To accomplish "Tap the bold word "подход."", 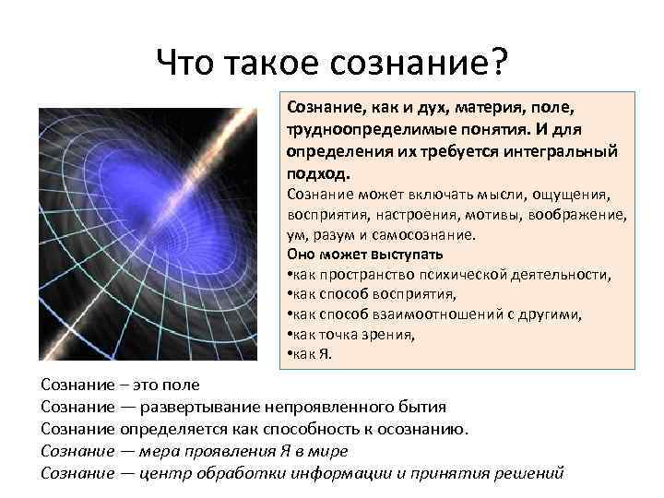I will click(x=319, y=172).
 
